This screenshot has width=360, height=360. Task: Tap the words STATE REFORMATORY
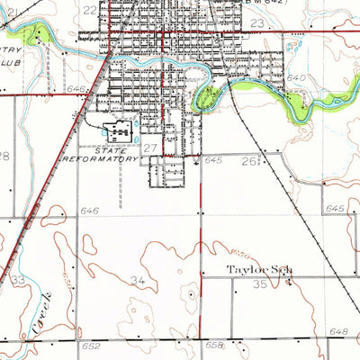click(103, 154)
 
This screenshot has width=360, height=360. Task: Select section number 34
click(138, 282)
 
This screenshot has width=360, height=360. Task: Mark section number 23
click(257, 23)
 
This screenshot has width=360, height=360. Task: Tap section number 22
click(89, 10)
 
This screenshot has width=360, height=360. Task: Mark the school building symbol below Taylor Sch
click(289, 282)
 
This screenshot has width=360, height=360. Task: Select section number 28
click(4, 156)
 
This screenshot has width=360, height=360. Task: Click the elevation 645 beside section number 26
click(212, 160)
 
